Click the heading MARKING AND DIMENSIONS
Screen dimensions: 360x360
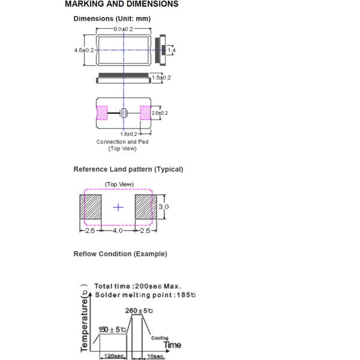(x=121, y=4)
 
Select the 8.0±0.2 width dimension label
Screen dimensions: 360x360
(x=123, y=29)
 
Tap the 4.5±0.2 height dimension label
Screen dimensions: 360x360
(x=84, y=50)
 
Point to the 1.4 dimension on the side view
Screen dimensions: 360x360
(x=172, y=50)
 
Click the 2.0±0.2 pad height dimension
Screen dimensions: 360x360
(x=160, y=113)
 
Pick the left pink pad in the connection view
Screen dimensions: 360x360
(x=102, y=113)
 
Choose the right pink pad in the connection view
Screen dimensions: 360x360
(x=145, y=113)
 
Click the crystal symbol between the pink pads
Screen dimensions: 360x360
(x=124, y=113)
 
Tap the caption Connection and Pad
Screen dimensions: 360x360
(x=122, y=142)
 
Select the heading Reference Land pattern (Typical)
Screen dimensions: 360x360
(x=128, y=169)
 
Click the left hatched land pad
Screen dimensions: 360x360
(x=91, y=207)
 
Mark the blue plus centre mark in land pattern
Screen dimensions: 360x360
(x=118, y=208)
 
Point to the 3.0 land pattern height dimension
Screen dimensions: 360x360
(x=163, y=207)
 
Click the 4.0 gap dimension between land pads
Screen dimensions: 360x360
(x=118, y=230)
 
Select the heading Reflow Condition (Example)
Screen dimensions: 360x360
(x=121, y=254)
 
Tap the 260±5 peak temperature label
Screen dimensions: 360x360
(x=139, y=311)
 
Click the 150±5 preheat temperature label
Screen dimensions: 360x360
(x=112, y=329)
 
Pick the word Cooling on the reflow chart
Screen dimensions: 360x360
(x=160, y=338)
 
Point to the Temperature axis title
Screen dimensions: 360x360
(x=85, y=322)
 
